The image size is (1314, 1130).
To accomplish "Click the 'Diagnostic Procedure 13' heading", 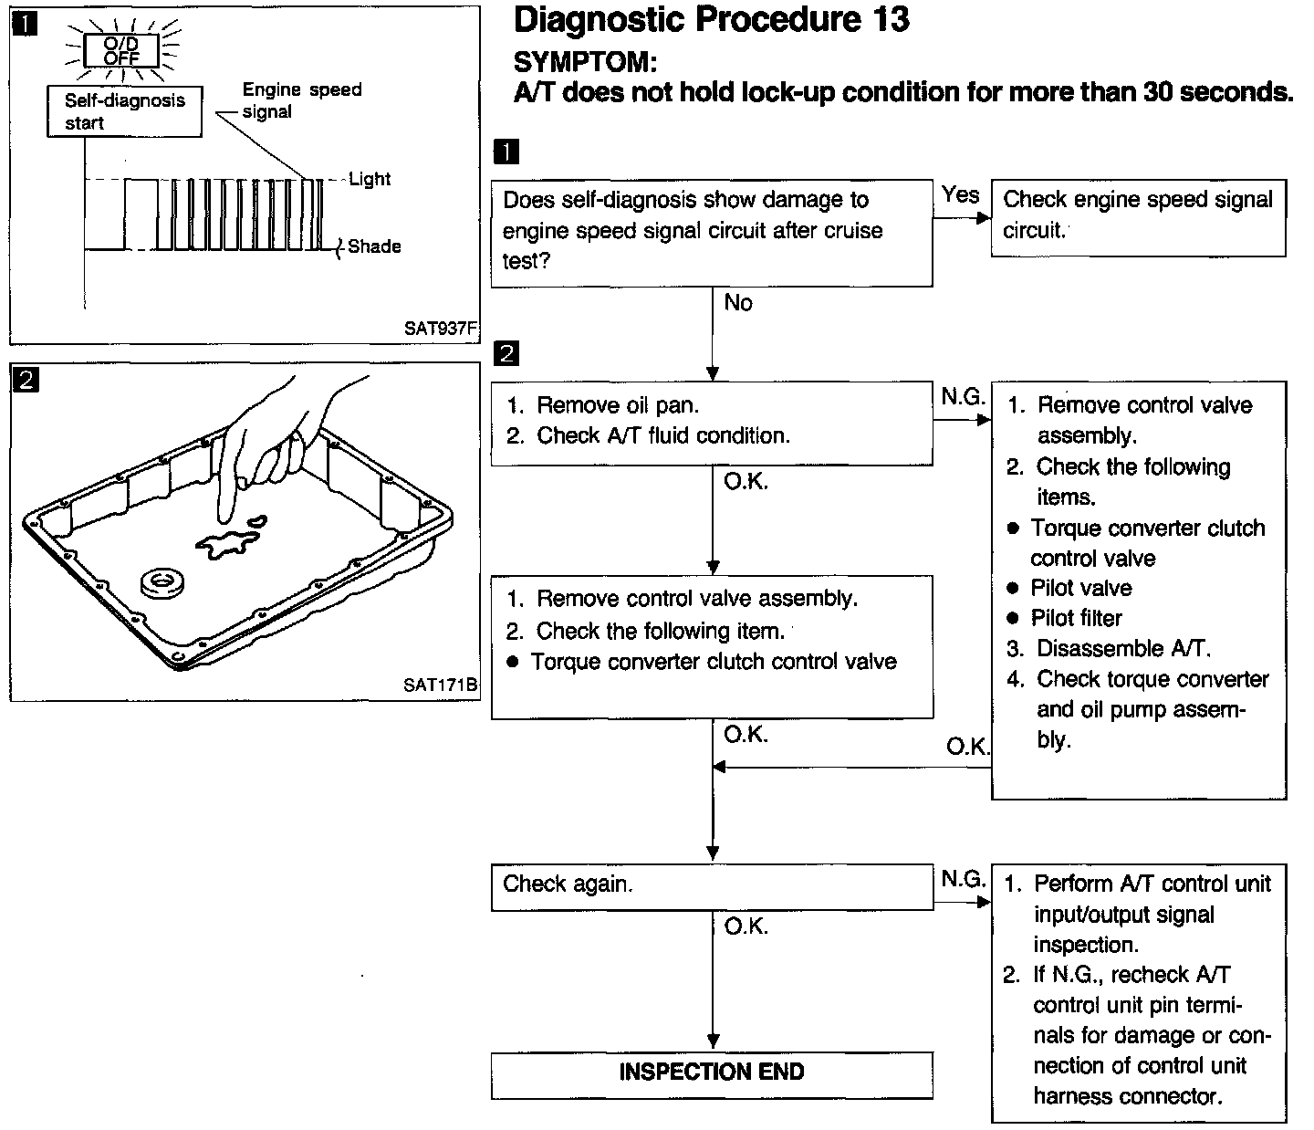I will coord(711,20).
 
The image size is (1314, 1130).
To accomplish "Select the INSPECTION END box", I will coord(712,1072).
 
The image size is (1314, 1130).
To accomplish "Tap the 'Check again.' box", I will coord(712,885).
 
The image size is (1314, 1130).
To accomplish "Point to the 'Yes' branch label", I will coord(960,194).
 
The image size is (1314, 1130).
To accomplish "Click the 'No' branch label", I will coord(737,303).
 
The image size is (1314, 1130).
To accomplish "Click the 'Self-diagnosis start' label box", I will coord(124,112).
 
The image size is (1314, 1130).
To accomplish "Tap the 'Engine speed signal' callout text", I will coord(301,100).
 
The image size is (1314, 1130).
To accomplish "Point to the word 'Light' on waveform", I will coord(370,179).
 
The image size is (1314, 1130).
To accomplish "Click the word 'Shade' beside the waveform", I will coord(374,246).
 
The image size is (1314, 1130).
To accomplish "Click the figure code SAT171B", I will coord(441,685).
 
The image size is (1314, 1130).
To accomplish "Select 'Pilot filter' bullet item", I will coord(1076,619).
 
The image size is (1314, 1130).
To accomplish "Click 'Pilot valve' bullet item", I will coord(1080,589).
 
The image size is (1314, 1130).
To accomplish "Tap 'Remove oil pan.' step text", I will coord(617,405).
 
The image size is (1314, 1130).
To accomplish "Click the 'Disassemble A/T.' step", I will coord(1122,649).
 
